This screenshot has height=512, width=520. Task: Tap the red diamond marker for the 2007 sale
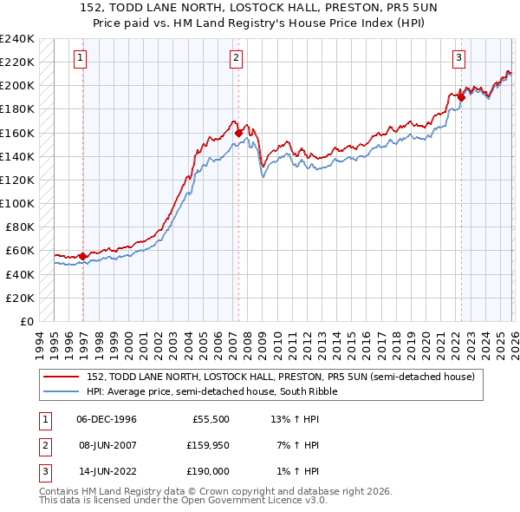[x=238, y=133]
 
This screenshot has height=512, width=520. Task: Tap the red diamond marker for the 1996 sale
[x=83, y=256]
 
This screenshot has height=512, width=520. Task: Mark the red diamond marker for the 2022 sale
[x=461, y=97]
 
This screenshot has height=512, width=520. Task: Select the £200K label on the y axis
[x=16, y=86]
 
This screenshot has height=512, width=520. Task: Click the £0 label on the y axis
[x=25, y=321]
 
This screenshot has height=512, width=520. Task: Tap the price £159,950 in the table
[x=206, y=445]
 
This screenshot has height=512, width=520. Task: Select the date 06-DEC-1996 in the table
[x=107, y=419]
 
